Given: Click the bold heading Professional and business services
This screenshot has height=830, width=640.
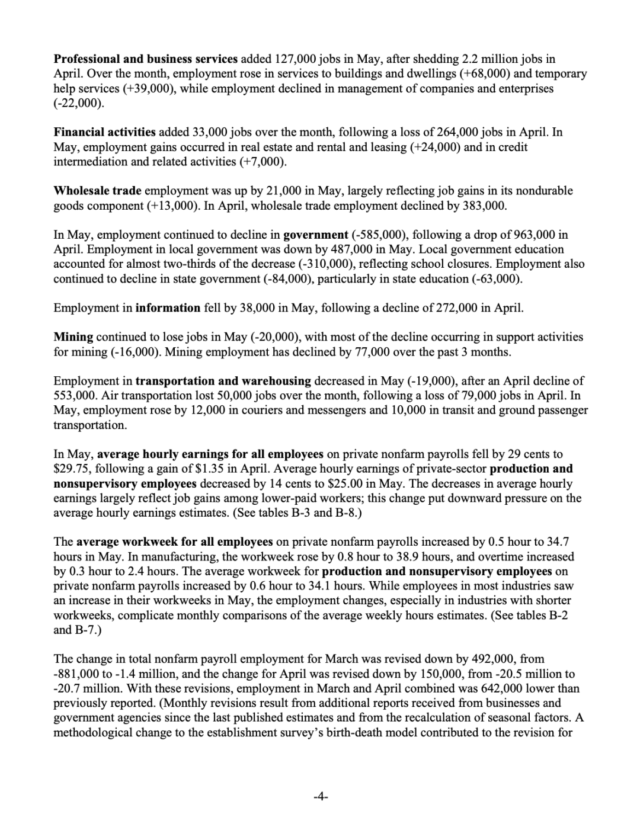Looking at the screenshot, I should click(x=145, y=59).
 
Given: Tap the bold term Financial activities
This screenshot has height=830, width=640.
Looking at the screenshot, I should click(x=104, y=132).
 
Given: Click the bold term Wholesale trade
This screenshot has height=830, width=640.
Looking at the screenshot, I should click(x=97, y=191).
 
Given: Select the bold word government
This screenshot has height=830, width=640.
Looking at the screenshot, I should click(x=315, y=235).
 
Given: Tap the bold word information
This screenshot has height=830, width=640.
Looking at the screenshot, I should click(x=168, y=308).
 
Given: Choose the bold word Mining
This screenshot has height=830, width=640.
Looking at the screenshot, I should click(x=73, y=337).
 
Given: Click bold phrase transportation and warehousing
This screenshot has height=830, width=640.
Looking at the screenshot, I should click(x=223, y=381).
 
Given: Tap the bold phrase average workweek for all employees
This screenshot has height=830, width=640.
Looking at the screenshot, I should click(x=175, y=542).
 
